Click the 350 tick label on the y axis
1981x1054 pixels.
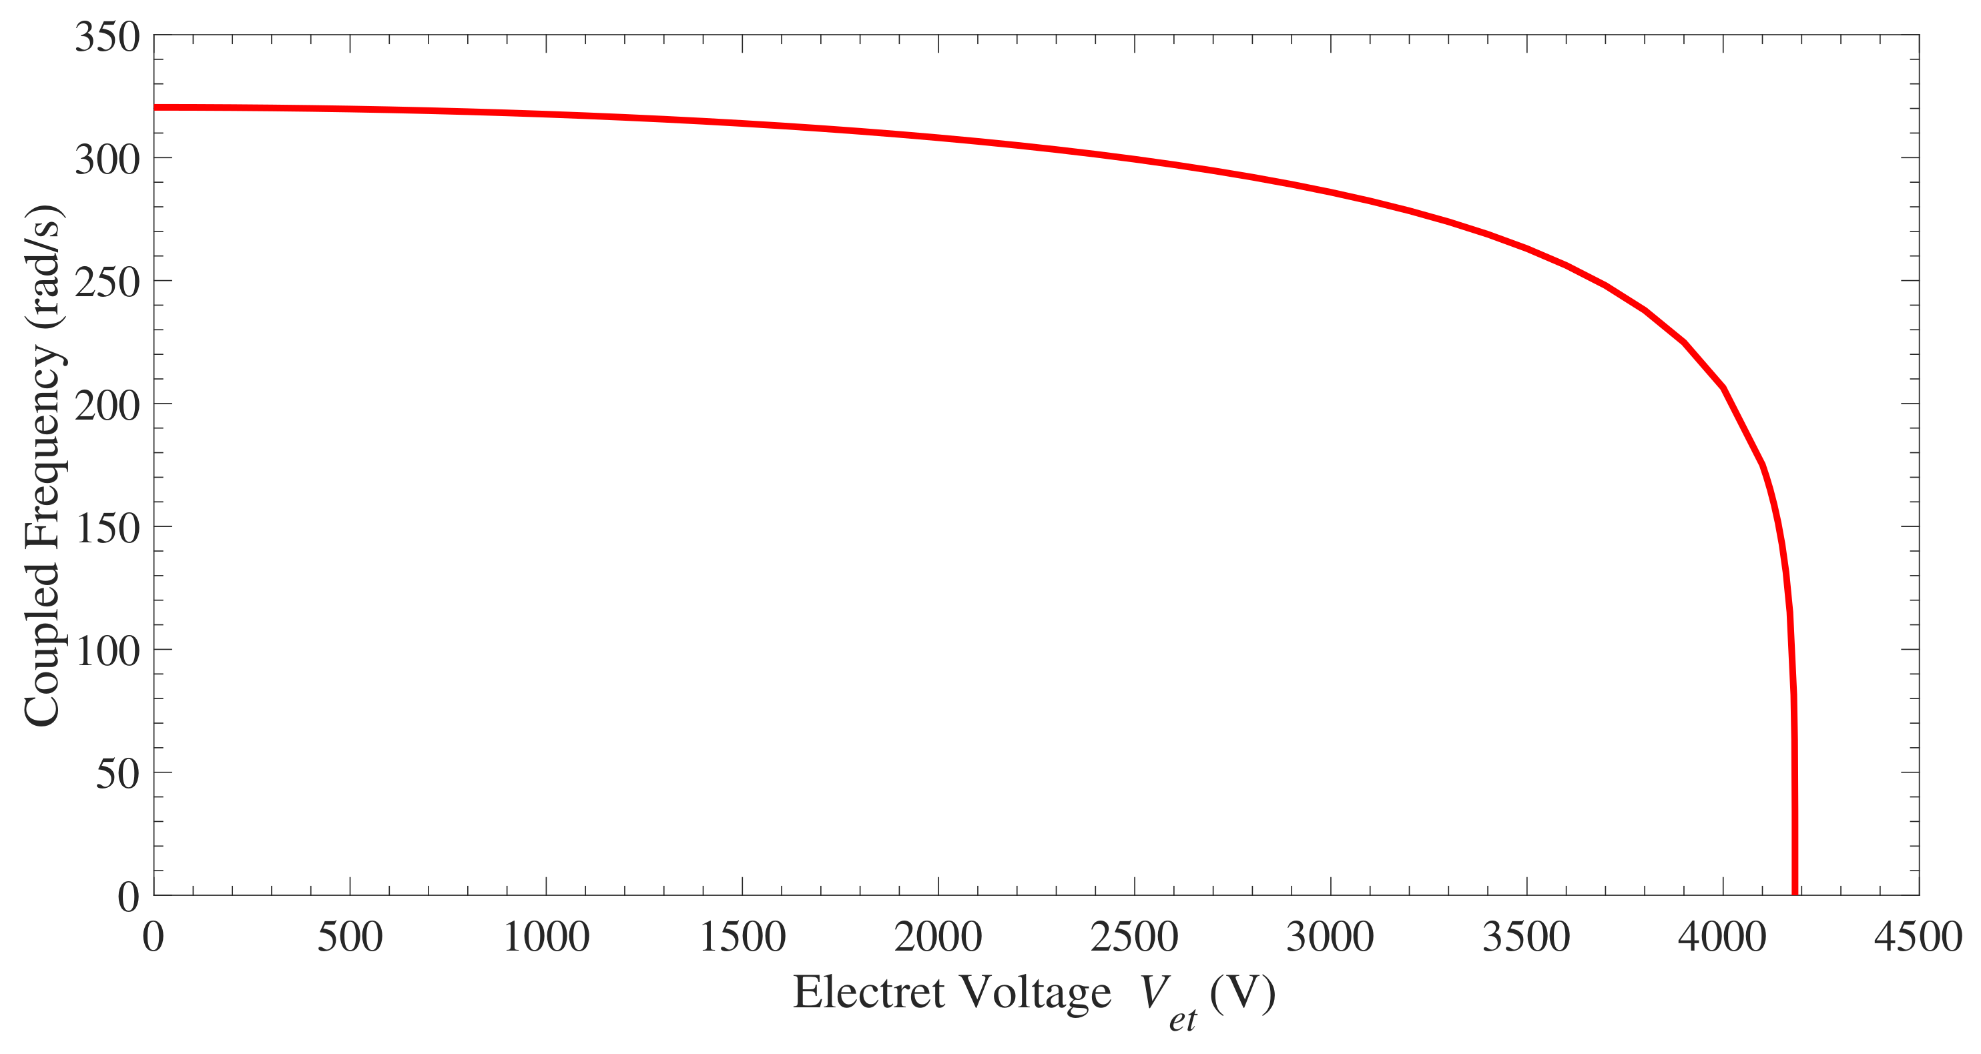tap(107, 37)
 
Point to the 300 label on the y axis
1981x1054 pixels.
tap(107, 160)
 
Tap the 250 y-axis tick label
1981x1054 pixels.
tap(107, 283)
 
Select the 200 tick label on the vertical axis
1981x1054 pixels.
tap(107, 405)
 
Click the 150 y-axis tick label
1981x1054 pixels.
tap(107, 528)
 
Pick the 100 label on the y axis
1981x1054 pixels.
tap(107, 651)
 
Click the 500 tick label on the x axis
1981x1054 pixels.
tap(350, 937)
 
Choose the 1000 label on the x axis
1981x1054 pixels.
tap(546, 937)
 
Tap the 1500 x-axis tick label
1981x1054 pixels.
tap(742, 937)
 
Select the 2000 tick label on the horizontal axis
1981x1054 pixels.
tap(938, 937)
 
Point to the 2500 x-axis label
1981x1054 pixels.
tap(1134, 937)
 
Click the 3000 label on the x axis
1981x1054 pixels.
tap(1330, 937)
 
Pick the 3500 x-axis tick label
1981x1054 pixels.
tap(1526, 937)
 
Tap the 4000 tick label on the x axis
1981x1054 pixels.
tap(1723, 937)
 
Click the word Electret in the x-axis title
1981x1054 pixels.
tap(868, 992)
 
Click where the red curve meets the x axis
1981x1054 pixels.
tap(1795, 893)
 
